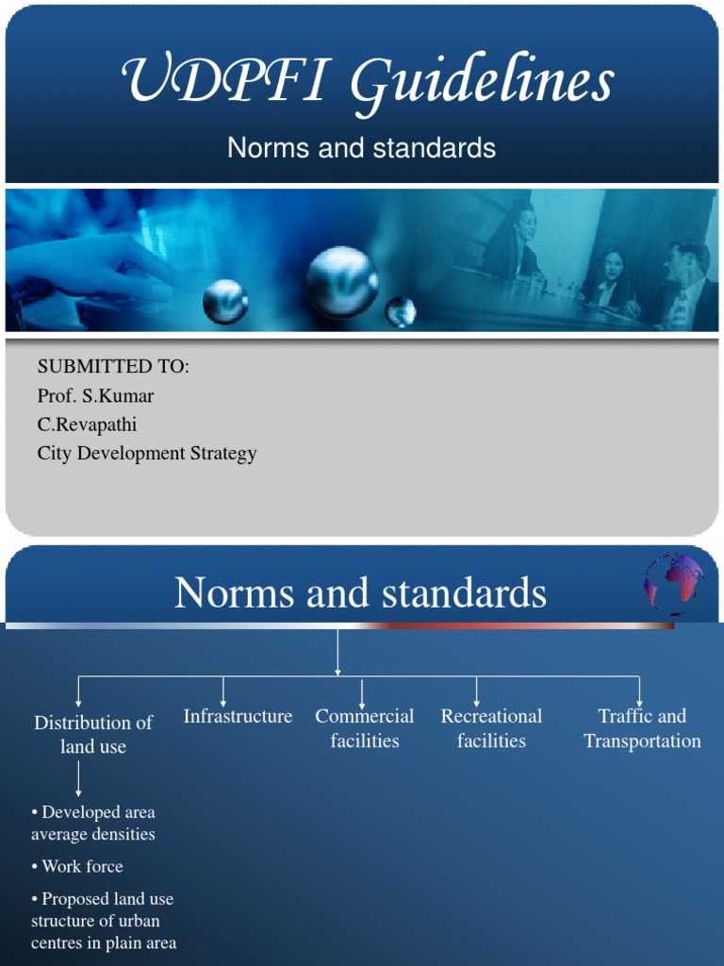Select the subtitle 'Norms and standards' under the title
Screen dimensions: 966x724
click(x=361, y=148)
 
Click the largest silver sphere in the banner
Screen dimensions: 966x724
click(x=341, y=281)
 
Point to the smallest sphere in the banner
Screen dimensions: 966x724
click(x=401, y=311)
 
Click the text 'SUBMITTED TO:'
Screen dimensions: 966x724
click(x=113, y=367)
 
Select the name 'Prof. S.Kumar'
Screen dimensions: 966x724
click(x=95, y=395)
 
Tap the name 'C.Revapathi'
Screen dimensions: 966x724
click(x=88, y=425)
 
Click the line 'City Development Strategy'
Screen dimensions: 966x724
click(x=147, y=453)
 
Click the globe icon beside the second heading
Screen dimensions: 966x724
click(x=674, y=583)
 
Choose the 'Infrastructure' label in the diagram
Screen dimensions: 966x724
click(x=238, y=717)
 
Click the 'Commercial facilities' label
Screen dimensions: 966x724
click(x=365, y=728)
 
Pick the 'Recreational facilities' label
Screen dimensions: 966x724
click(x=491, y=728)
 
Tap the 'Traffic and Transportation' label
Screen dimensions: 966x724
click(x=642, y=728)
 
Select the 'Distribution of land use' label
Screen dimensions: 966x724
click(x=93, y=734)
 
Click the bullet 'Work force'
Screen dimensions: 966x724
click(x=77, y=866)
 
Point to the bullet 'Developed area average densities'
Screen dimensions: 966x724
click(x=93, y=823)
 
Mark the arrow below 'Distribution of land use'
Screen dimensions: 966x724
click(x=78, y=779)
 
